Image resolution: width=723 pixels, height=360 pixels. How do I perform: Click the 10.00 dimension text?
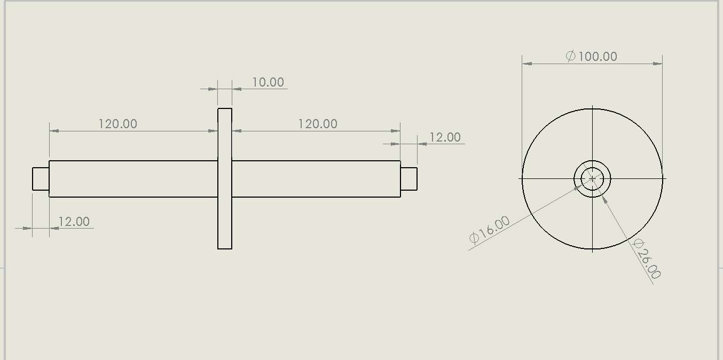[x=268, y=82]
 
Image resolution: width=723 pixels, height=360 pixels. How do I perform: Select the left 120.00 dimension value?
[x=117, y=124]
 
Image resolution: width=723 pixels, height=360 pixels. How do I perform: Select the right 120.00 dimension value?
[x=317, y=124]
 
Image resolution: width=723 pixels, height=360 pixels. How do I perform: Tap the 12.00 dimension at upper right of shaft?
[x=445, y=137]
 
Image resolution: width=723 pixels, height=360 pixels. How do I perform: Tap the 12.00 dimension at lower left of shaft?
[x=74, y=222]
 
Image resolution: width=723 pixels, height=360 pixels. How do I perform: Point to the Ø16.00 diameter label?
[x=489, y=230]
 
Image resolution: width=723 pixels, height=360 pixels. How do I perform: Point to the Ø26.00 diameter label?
[x=647, y=259]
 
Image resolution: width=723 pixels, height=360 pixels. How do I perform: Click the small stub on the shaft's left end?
[x=41, y=179]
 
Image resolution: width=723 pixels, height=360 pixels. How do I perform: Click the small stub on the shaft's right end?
[x=408, y=179]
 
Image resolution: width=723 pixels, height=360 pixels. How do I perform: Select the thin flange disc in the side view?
[x=225, y=224]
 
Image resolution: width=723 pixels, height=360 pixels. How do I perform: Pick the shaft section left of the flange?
[x=133, y=179]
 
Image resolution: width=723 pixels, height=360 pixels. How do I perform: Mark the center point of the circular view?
[x=592, y=179]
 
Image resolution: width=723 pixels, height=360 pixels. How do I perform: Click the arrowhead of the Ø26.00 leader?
[x=604, y=198]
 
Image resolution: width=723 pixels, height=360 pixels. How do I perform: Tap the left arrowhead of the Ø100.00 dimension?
[x=527, y=64]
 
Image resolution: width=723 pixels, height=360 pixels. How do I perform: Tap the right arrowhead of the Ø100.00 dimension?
[x=658, y=64]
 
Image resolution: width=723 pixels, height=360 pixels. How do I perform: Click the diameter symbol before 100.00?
[x=570, y=56]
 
